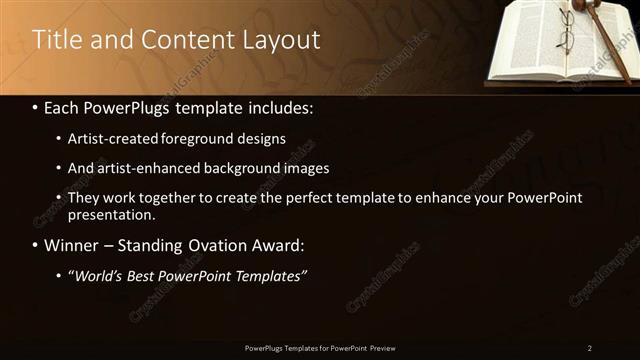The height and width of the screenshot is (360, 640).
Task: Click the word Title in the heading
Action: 54,40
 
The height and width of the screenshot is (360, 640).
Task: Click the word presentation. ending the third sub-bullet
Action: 111,214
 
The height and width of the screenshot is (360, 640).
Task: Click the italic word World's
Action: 99,275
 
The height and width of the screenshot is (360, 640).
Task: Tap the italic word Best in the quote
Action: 147,275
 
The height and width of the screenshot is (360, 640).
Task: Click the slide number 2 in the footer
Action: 590,348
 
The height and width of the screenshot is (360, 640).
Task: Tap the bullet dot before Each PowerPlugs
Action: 36,106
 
